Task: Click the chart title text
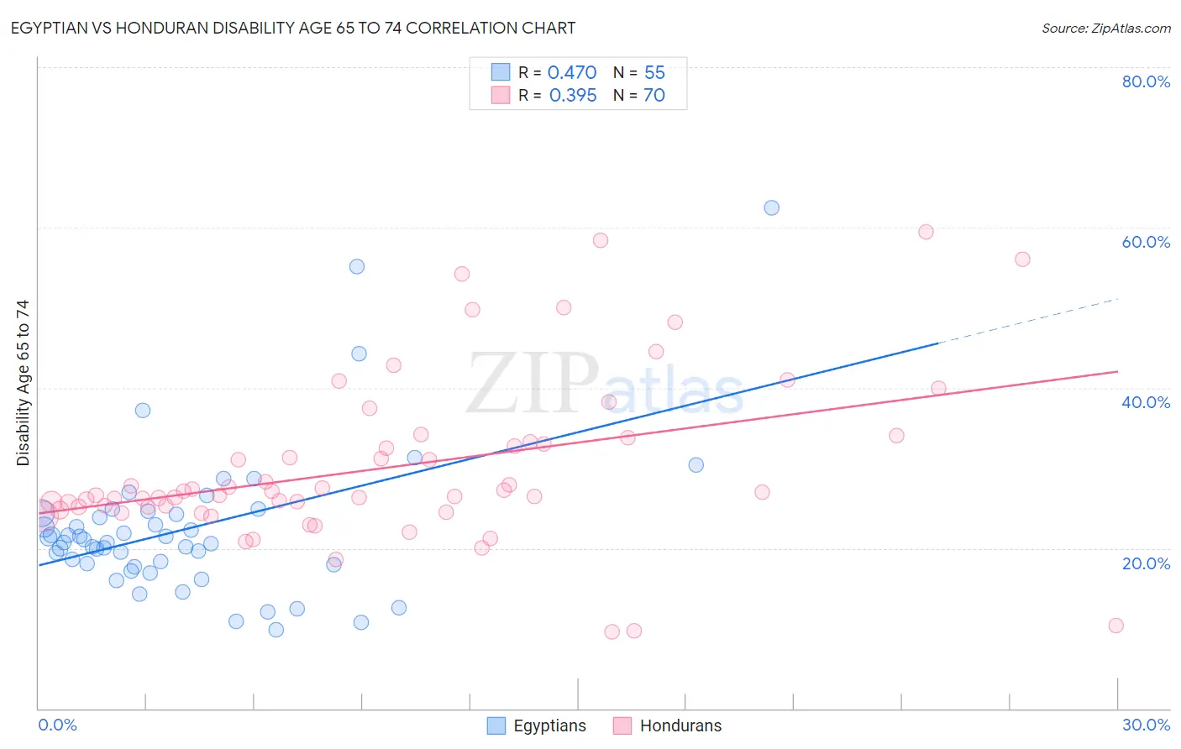pos(292,28)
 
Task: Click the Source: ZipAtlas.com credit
pos(1105,29)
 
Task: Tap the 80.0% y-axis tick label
pos(1146,81)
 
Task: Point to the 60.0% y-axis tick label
pos(1146,242)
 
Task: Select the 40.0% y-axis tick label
pos(1146,402)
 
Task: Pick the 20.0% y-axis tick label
pos(1146,563)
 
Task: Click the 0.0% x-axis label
pos(57,725)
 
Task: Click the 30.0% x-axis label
pos(1146,725)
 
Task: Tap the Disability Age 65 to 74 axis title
pos(23,382)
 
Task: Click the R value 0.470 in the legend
pos(572,73)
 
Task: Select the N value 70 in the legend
pos(654,96)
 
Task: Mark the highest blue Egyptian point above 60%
pos(771,207)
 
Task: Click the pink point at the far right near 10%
pos(1115,626)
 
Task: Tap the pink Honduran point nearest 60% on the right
pos(926,232)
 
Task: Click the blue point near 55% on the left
pos(357,266)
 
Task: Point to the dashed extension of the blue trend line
pos(1029,321)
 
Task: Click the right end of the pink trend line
pos(1116,371)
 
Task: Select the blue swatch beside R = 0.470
pos(501,72)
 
